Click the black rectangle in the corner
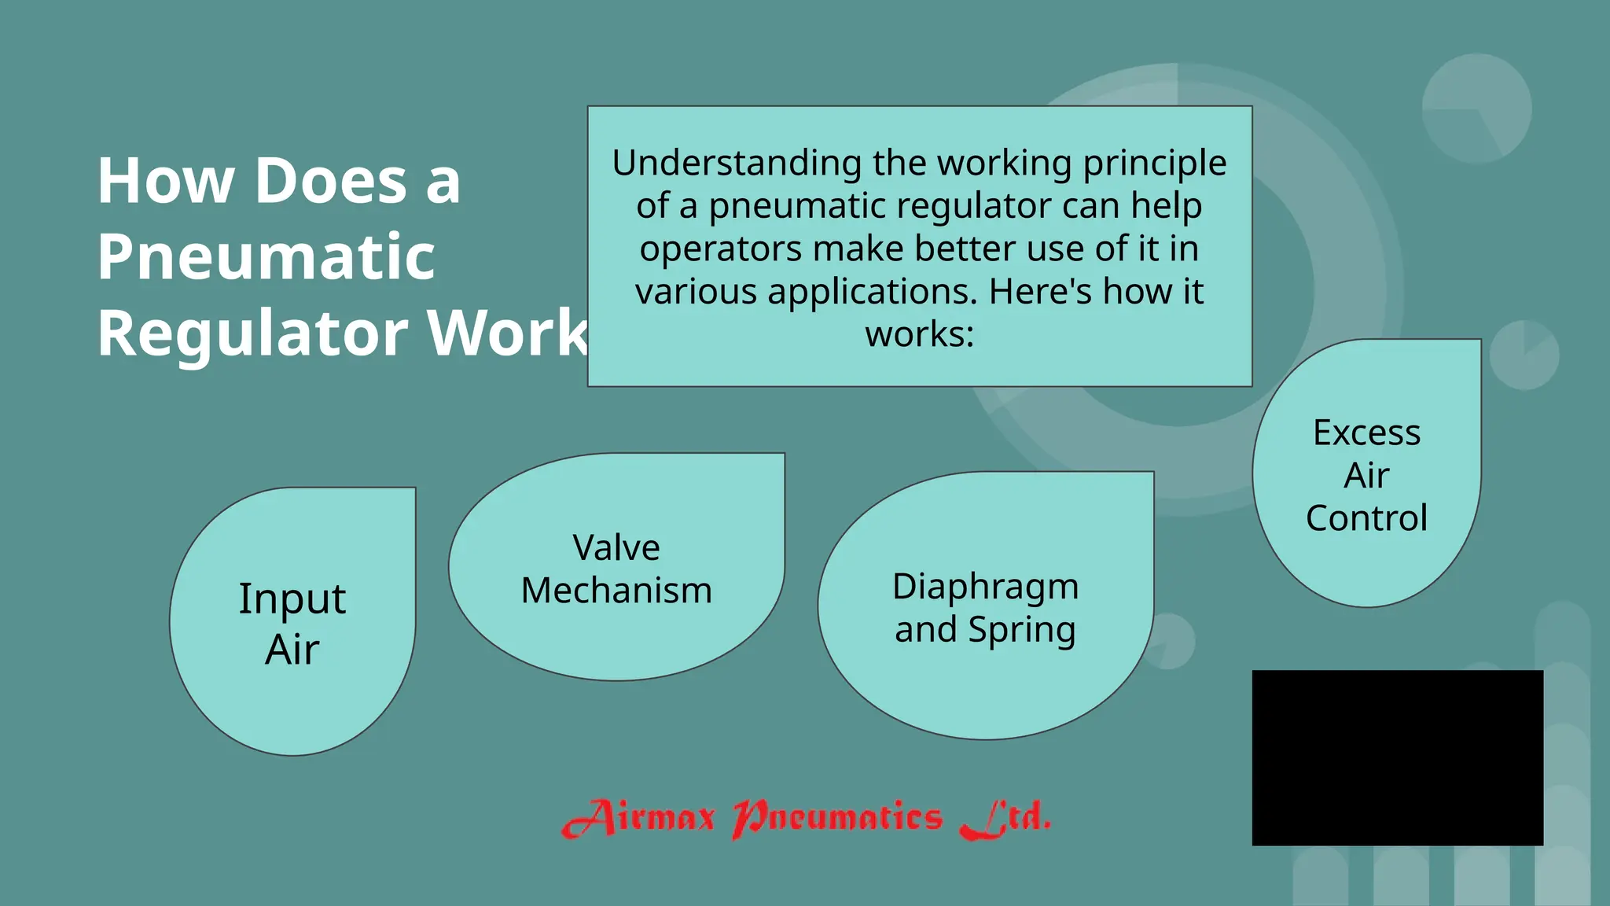click(x=1397, y=757)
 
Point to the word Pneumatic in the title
click(x=266, y=256)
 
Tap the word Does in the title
click(x=331, y=181)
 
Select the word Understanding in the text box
click(x=737, y=164)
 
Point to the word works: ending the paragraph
click(x=919, y=334)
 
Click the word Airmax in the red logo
click(x=638, y=819)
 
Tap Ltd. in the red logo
click(x=1005, y=819)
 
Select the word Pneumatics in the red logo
click(x=836, y=819)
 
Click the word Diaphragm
click(x=985, y=587)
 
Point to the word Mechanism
click(x=616, y=591)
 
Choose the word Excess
click(x=1366, y=433)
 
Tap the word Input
click(x=292, y=599)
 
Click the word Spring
click(x=1021, y=630)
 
